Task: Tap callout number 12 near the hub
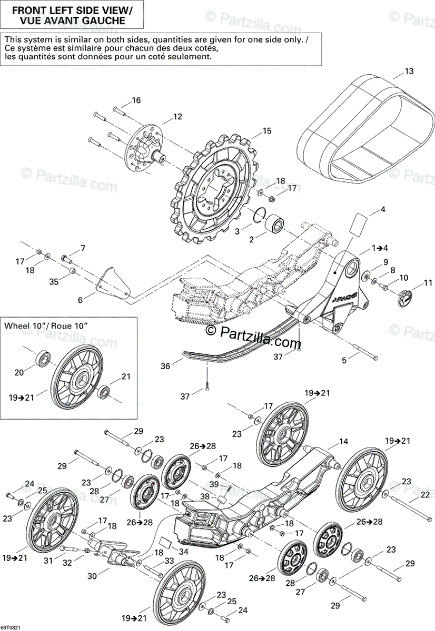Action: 177,117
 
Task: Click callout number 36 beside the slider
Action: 165,366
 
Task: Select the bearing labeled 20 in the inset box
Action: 43,360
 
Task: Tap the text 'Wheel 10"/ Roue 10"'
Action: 46,326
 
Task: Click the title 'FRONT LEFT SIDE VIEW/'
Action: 73,10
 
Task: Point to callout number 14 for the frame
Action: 343,442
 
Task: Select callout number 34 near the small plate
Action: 183,551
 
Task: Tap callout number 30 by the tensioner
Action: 92,576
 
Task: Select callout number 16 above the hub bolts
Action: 136,100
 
